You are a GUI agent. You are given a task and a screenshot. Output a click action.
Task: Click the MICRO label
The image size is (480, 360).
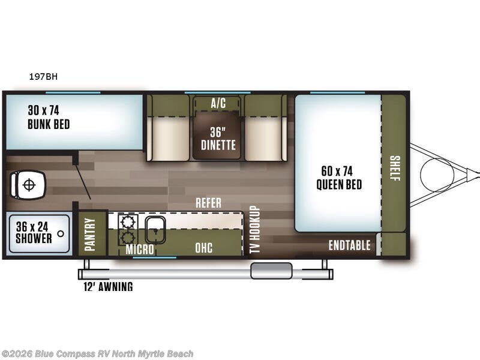(x=140, y=249)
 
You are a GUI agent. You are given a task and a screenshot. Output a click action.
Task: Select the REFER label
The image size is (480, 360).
(x=208, y=203)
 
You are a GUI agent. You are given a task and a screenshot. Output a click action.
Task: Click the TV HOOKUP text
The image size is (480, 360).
(x=254, y=230)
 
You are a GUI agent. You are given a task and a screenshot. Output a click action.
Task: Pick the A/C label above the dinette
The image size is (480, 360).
(x=218, y=103)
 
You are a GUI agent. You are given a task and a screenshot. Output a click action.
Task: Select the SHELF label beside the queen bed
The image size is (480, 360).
(x=394, y=167)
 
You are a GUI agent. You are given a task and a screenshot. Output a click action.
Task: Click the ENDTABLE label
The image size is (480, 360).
(x=349, y=245)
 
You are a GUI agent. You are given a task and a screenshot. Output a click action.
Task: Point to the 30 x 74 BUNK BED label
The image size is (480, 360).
(x=48, y=118)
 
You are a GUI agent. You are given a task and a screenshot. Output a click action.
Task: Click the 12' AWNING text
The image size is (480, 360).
(x=108, y=287)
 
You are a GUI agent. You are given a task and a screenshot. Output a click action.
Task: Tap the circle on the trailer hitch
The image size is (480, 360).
(x=437, y=174)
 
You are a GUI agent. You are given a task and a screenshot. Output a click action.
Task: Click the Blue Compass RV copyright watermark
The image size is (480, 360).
(x=97, y=354)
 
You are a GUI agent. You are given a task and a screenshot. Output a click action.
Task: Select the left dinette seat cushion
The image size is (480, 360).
(x=169, y=138)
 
